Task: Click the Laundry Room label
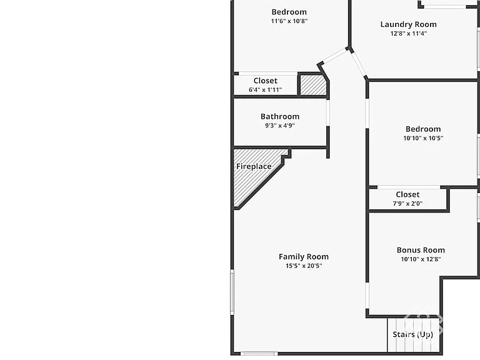point(408,24)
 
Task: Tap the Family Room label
point(303,256)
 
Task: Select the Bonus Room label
point(421,250)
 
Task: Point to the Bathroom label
point(280,116)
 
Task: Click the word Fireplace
point(254,166)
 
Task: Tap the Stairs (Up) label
point(412,334)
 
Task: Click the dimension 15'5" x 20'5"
point(304,266)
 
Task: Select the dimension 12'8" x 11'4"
point(408,33)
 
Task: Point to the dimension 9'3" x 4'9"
point(280,126)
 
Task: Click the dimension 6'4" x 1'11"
point(265,90)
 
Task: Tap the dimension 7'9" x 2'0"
point(407,204)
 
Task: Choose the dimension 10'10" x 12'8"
point(421,259)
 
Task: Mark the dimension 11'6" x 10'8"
point(289,21)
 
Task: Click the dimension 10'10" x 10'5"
point(423,138)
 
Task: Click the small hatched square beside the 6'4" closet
point(313,85)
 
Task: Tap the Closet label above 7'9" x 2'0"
point(407,194)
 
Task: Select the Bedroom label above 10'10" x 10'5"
point(423,129)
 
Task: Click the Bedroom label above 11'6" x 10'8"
point(289,12)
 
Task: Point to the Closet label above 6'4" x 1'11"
point(265,81)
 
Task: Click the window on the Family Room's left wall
point(232,292)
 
